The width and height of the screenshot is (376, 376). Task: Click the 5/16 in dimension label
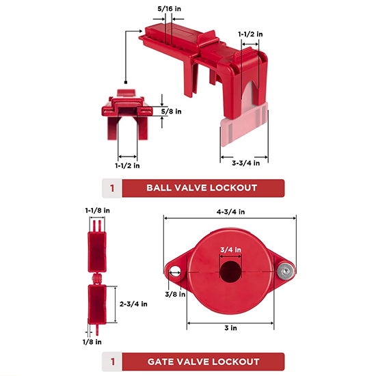pos(170,9)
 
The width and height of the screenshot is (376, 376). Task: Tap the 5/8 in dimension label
pos(171,111)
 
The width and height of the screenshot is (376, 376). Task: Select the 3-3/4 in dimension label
pos(246,163)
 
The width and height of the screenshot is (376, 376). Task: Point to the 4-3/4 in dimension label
pos(230,212)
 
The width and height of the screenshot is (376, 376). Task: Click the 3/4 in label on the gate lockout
pos(230,250)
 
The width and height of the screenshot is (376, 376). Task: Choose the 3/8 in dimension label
pos(175,294)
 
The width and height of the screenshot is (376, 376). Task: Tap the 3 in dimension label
pos(230,327)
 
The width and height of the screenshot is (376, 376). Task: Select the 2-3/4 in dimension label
pos(133,304)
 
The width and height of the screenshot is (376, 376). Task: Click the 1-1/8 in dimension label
pos(98,211)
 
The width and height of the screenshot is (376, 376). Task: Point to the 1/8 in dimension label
pos(92,342)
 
